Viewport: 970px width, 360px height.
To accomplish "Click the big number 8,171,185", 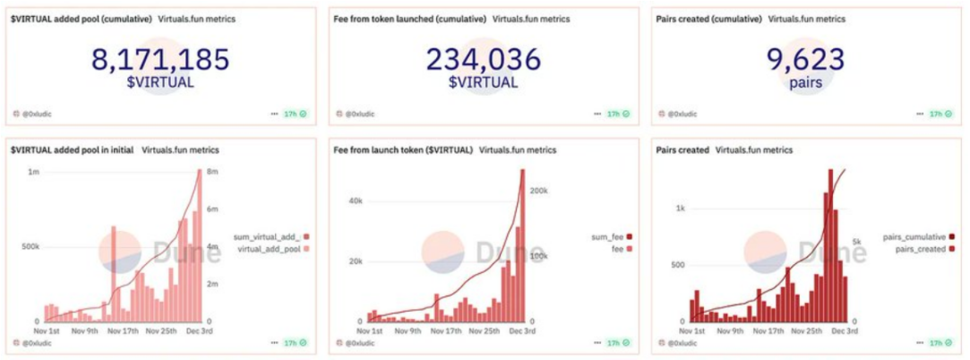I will click(160, 60).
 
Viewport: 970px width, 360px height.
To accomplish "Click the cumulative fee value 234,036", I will click(484, 60).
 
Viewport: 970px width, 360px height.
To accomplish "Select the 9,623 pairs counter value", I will click(805, 60).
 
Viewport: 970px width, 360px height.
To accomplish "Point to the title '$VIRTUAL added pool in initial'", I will click(72, 150).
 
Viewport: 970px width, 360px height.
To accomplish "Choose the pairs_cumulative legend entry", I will click(914, 236).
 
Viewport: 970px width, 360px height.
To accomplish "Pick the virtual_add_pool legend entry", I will click(269, 248).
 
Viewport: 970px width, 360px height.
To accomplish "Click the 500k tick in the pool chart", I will click(29, 246).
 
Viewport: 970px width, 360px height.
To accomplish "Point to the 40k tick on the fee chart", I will click(356, 201).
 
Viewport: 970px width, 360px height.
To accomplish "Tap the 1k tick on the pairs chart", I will click(681, 208).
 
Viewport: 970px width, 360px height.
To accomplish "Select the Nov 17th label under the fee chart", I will click(447, 330).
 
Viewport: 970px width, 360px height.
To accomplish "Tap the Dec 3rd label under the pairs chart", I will click(845, 330).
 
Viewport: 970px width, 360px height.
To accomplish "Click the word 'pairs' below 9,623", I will click(805, 83).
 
